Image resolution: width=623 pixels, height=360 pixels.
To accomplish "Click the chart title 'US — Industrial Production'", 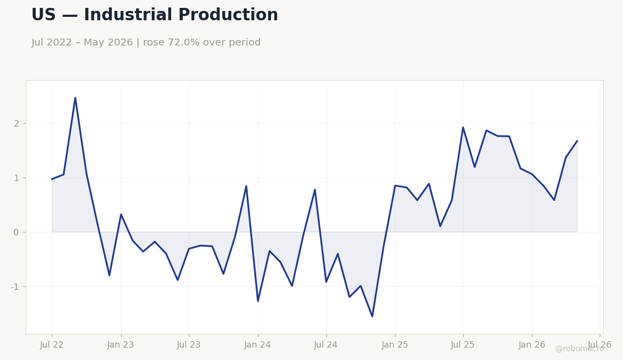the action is coord(155,15).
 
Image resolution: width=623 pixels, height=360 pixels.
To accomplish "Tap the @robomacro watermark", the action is coord(579,349).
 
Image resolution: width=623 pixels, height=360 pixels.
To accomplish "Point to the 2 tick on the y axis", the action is coord(16,124).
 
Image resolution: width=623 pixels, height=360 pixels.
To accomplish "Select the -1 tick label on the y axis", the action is coord(15,286).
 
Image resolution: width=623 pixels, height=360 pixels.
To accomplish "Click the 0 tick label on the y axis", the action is coord(16,232).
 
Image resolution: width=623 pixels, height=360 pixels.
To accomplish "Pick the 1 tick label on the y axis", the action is coord(16,178).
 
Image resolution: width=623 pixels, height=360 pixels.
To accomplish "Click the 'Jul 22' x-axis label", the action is coord(52,345).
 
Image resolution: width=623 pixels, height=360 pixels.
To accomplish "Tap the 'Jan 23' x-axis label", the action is coord(121,345).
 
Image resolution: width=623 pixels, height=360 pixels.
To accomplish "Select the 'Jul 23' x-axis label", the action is coord(189,345).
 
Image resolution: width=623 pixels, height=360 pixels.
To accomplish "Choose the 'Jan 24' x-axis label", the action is coord(258,345).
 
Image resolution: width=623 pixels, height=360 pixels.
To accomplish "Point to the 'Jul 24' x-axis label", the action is coord(326,345).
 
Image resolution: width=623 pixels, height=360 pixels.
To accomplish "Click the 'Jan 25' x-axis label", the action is coord(395,345).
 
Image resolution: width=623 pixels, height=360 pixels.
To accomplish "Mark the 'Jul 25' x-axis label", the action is coord(463,345).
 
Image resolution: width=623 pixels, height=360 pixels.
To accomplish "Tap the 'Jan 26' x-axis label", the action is coord(532,345).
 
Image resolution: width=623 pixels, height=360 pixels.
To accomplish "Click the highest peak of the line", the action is coord(75,97).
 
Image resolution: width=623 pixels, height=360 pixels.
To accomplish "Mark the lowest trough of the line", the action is coord(372,316).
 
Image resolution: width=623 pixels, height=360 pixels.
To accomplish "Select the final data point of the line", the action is coord(578,141).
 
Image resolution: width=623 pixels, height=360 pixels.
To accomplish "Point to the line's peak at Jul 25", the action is coord(463,127).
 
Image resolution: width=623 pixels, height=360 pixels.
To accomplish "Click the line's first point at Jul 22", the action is coord(52,179).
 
